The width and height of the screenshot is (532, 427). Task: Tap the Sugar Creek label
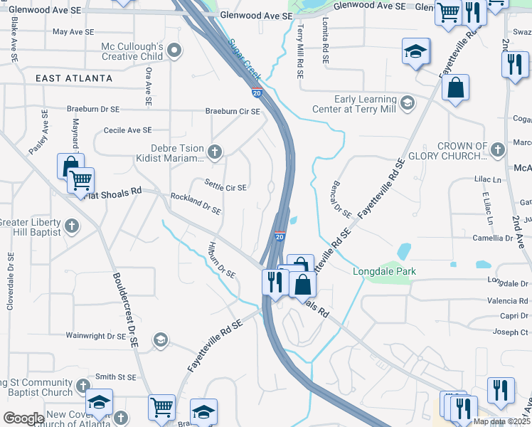click(x=245, y=59)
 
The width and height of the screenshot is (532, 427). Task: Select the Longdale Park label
click(x=385, y=271)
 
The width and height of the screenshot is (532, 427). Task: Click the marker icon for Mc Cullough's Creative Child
click(x=174, y=51)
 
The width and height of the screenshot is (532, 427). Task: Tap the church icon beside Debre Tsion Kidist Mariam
click(x=214, y=151)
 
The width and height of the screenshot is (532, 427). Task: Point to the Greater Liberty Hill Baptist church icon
click(x=71, y=226)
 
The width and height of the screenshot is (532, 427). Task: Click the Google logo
click(x=23, y=418)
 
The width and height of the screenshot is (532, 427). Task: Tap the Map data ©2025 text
click(x=501, y=421)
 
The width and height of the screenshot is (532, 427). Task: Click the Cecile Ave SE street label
click(x=128, y=130)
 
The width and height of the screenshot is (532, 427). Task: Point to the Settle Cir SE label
click(x=225, y=187)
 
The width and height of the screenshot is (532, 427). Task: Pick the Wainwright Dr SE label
click(x=95, y=335)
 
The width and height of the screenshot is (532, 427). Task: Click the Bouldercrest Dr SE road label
click(x=124, y=309)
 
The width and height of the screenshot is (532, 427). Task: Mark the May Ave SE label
click(x=73, y=32)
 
